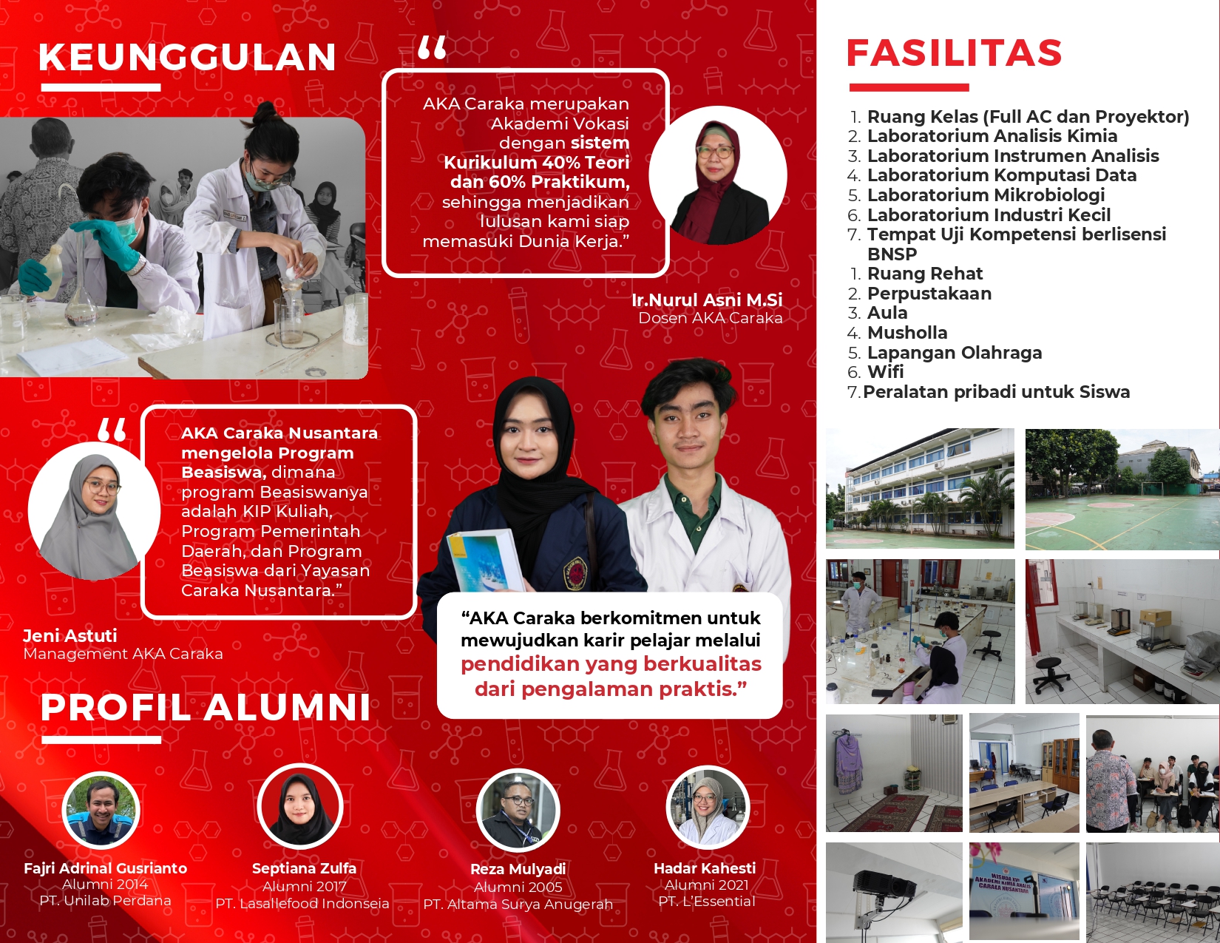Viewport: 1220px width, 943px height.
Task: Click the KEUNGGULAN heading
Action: [x=187, y=57]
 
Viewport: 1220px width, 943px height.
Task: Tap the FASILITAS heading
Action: [x=954, y=53]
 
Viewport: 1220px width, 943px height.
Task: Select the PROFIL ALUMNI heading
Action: [x=206, y=706]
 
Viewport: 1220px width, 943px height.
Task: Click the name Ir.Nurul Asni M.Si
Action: [x=707, y=300]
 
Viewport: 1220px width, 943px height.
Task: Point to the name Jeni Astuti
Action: [x=70, y=636]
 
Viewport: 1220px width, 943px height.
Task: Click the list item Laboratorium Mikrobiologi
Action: [x=986, y=195]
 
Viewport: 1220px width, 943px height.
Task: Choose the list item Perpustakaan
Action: [x=929, y=293]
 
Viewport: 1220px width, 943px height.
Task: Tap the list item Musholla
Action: [x=907, y=333]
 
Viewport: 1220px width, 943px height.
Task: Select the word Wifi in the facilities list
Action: [x=885, y=372]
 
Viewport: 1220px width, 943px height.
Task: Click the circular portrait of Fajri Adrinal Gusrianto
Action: [x=101, y=810]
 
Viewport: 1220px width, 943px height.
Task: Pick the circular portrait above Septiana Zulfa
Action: [x=299, y=806]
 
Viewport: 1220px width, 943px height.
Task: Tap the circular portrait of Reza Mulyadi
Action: [x=518, y=809]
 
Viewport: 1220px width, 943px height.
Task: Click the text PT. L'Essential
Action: [x=707, y=902]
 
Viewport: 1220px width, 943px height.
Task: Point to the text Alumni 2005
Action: [x=518, y=887]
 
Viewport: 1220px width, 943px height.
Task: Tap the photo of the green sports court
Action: [x=1122, y=490]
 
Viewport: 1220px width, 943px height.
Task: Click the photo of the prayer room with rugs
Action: [x=894, y=773]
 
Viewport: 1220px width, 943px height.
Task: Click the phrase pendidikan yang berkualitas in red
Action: [x=611, y=664]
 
